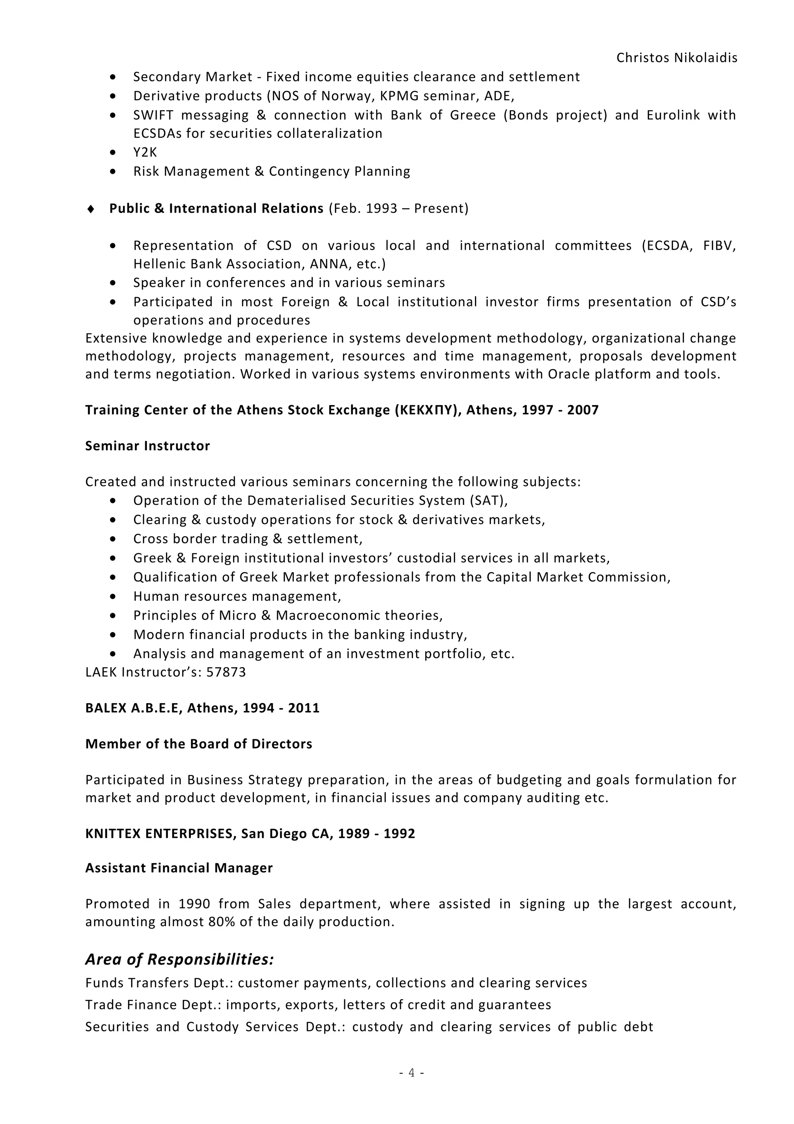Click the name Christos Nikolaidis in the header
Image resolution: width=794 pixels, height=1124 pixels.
point(677,58)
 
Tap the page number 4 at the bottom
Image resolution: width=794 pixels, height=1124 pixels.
point(411,1072)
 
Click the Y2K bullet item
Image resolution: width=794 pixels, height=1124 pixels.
point(145,152)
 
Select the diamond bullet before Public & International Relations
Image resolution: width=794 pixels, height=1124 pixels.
point(90,209)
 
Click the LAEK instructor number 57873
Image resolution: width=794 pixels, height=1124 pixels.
point(226,672)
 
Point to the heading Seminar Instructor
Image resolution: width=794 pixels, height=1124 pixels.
point(147,446)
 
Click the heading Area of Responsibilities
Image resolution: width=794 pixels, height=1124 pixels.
point(180,959)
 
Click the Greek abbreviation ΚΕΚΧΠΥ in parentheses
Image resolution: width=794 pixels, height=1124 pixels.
point(428,410)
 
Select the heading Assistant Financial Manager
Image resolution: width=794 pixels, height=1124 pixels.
point(179,868)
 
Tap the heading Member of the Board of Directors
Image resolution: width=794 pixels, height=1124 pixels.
point(198,744)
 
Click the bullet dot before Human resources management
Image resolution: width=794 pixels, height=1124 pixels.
point(113,597)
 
